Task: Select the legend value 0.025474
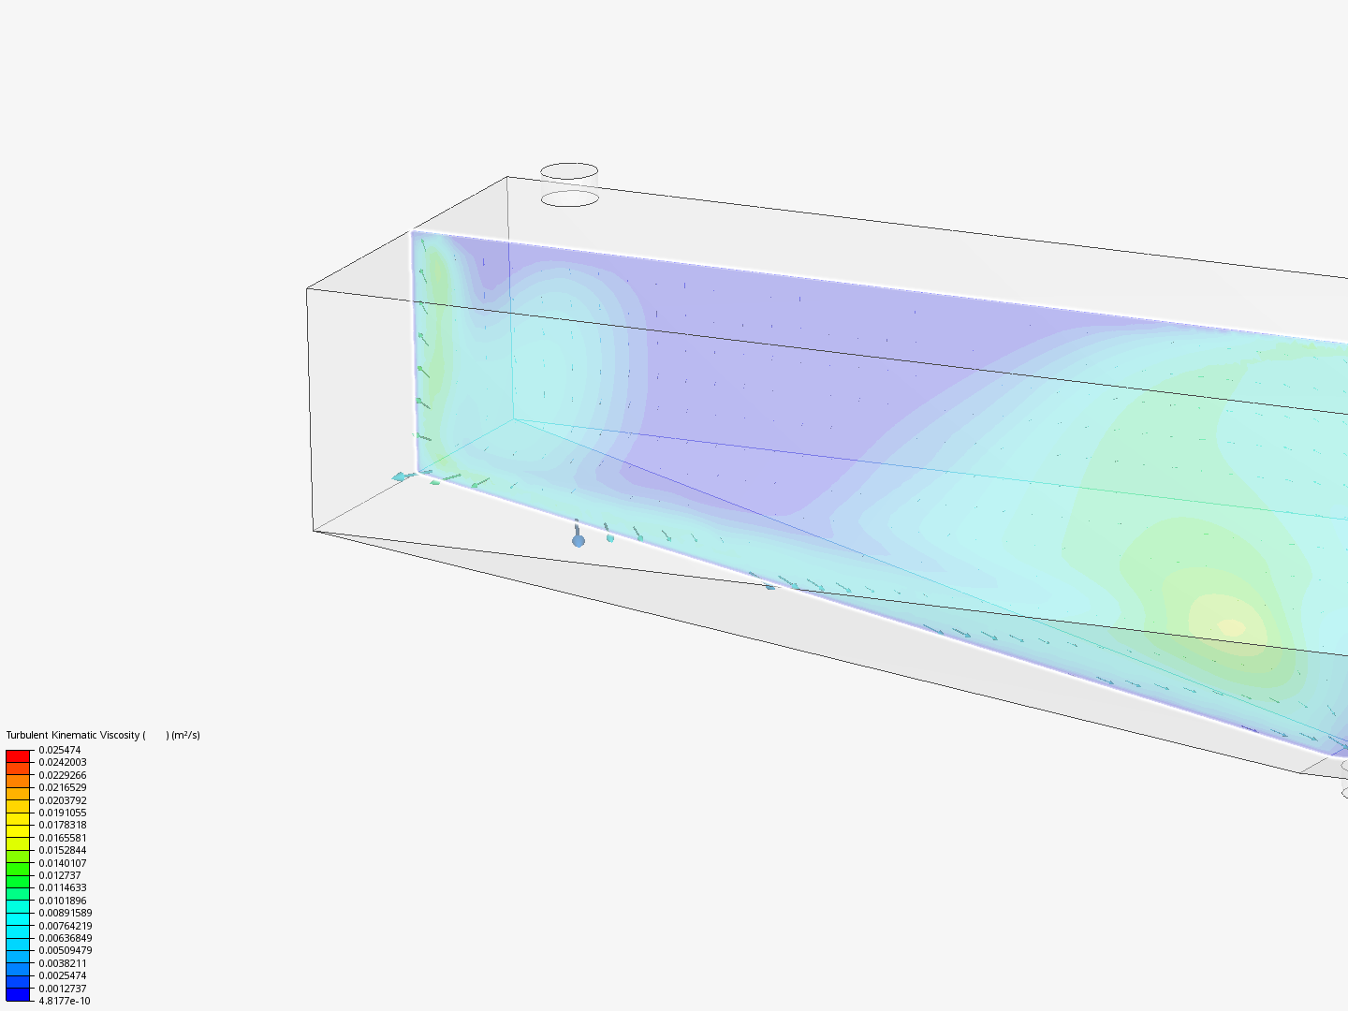60,750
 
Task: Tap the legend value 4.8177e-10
65,1001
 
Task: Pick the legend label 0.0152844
63,850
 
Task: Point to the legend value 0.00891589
66,913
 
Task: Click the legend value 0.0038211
63,963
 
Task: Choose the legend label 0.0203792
63,800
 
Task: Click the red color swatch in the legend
18,755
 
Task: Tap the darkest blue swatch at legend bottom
18,994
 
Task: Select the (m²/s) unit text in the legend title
185,735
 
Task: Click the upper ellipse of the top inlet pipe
569,171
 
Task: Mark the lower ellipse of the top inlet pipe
570,198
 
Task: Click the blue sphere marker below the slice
579,540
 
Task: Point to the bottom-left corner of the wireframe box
314,531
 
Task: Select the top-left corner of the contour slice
413,232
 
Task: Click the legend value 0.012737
60,875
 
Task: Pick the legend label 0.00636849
66,938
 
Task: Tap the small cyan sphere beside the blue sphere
610,538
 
